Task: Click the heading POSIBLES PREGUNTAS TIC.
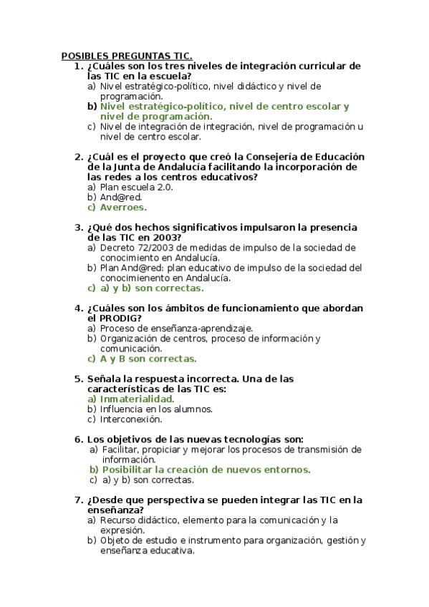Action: pos(126,55)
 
